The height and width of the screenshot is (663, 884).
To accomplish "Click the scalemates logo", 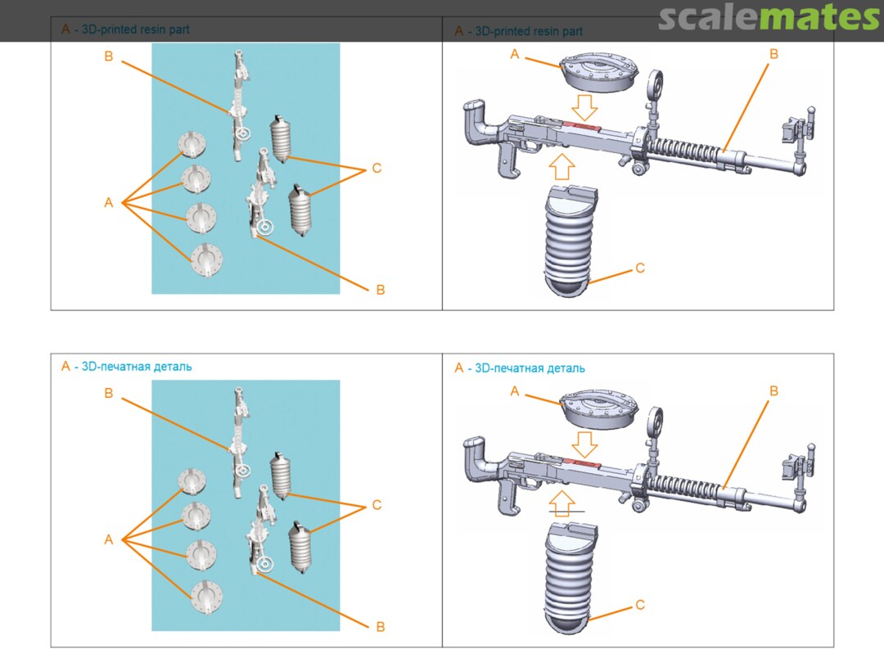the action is (x=770, y=17).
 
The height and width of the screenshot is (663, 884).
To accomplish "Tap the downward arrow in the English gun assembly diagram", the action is (x=584, y=107).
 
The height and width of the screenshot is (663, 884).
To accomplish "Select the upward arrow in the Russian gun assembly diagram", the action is (x=562, y=503).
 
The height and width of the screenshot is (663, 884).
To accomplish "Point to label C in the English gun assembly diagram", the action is (x=640, y=268).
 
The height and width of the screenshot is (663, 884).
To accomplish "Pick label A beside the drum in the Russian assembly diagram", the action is (x=514, y=391).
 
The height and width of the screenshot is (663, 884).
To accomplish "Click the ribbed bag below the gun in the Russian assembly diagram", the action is (x=571, y=579).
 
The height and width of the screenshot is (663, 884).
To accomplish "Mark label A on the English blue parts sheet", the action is (x=109, y=203).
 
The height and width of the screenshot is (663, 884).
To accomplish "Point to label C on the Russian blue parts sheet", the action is (x=377, y=505).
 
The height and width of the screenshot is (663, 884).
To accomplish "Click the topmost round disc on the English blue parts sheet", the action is (x=192, y=144).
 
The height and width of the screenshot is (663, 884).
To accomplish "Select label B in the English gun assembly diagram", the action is (x=773, y=54).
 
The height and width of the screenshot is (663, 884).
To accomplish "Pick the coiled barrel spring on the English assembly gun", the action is (x=683, y=150).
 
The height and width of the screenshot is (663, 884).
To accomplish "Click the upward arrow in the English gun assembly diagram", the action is (x=562, y=166).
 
